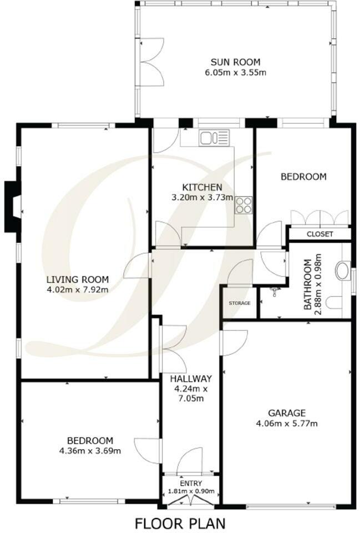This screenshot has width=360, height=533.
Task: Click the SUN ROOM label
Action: click(x=235, y=62)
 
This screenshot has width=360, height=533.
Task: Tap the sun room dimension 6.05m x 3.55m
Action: click(x=235, y=72)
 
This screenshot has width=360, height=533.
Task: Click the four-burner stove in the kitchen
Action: click(x=244, y=205)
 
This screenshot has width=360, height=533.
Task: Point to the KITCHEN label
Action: click(x=202, y=187)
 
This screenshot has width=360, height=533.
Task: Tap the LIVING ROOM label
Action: click(x=77, y=279)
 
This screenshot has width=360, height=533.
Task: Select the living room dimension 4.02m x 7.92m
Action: click(x=77, y=289)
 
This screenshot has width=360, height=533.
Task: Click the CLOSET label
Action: click(x=320, y=234)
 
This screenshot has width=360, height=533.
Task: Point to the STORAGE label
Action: click(x=240, y=303)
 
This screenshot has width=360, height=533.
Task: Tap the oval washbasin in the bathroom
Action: click(x=343, y=272)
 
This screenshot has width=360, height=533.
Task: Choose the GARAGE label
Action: click(x=287, y=413)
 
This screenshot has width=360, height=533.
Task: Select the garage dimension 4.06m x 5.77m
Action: click(x=287, y=424)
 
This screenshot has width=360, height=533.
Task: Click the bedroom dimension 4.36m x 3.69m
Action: click(x=89, y=450)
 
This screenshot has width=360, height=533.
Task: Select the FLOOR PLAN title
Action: click(x=181, y=523)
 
